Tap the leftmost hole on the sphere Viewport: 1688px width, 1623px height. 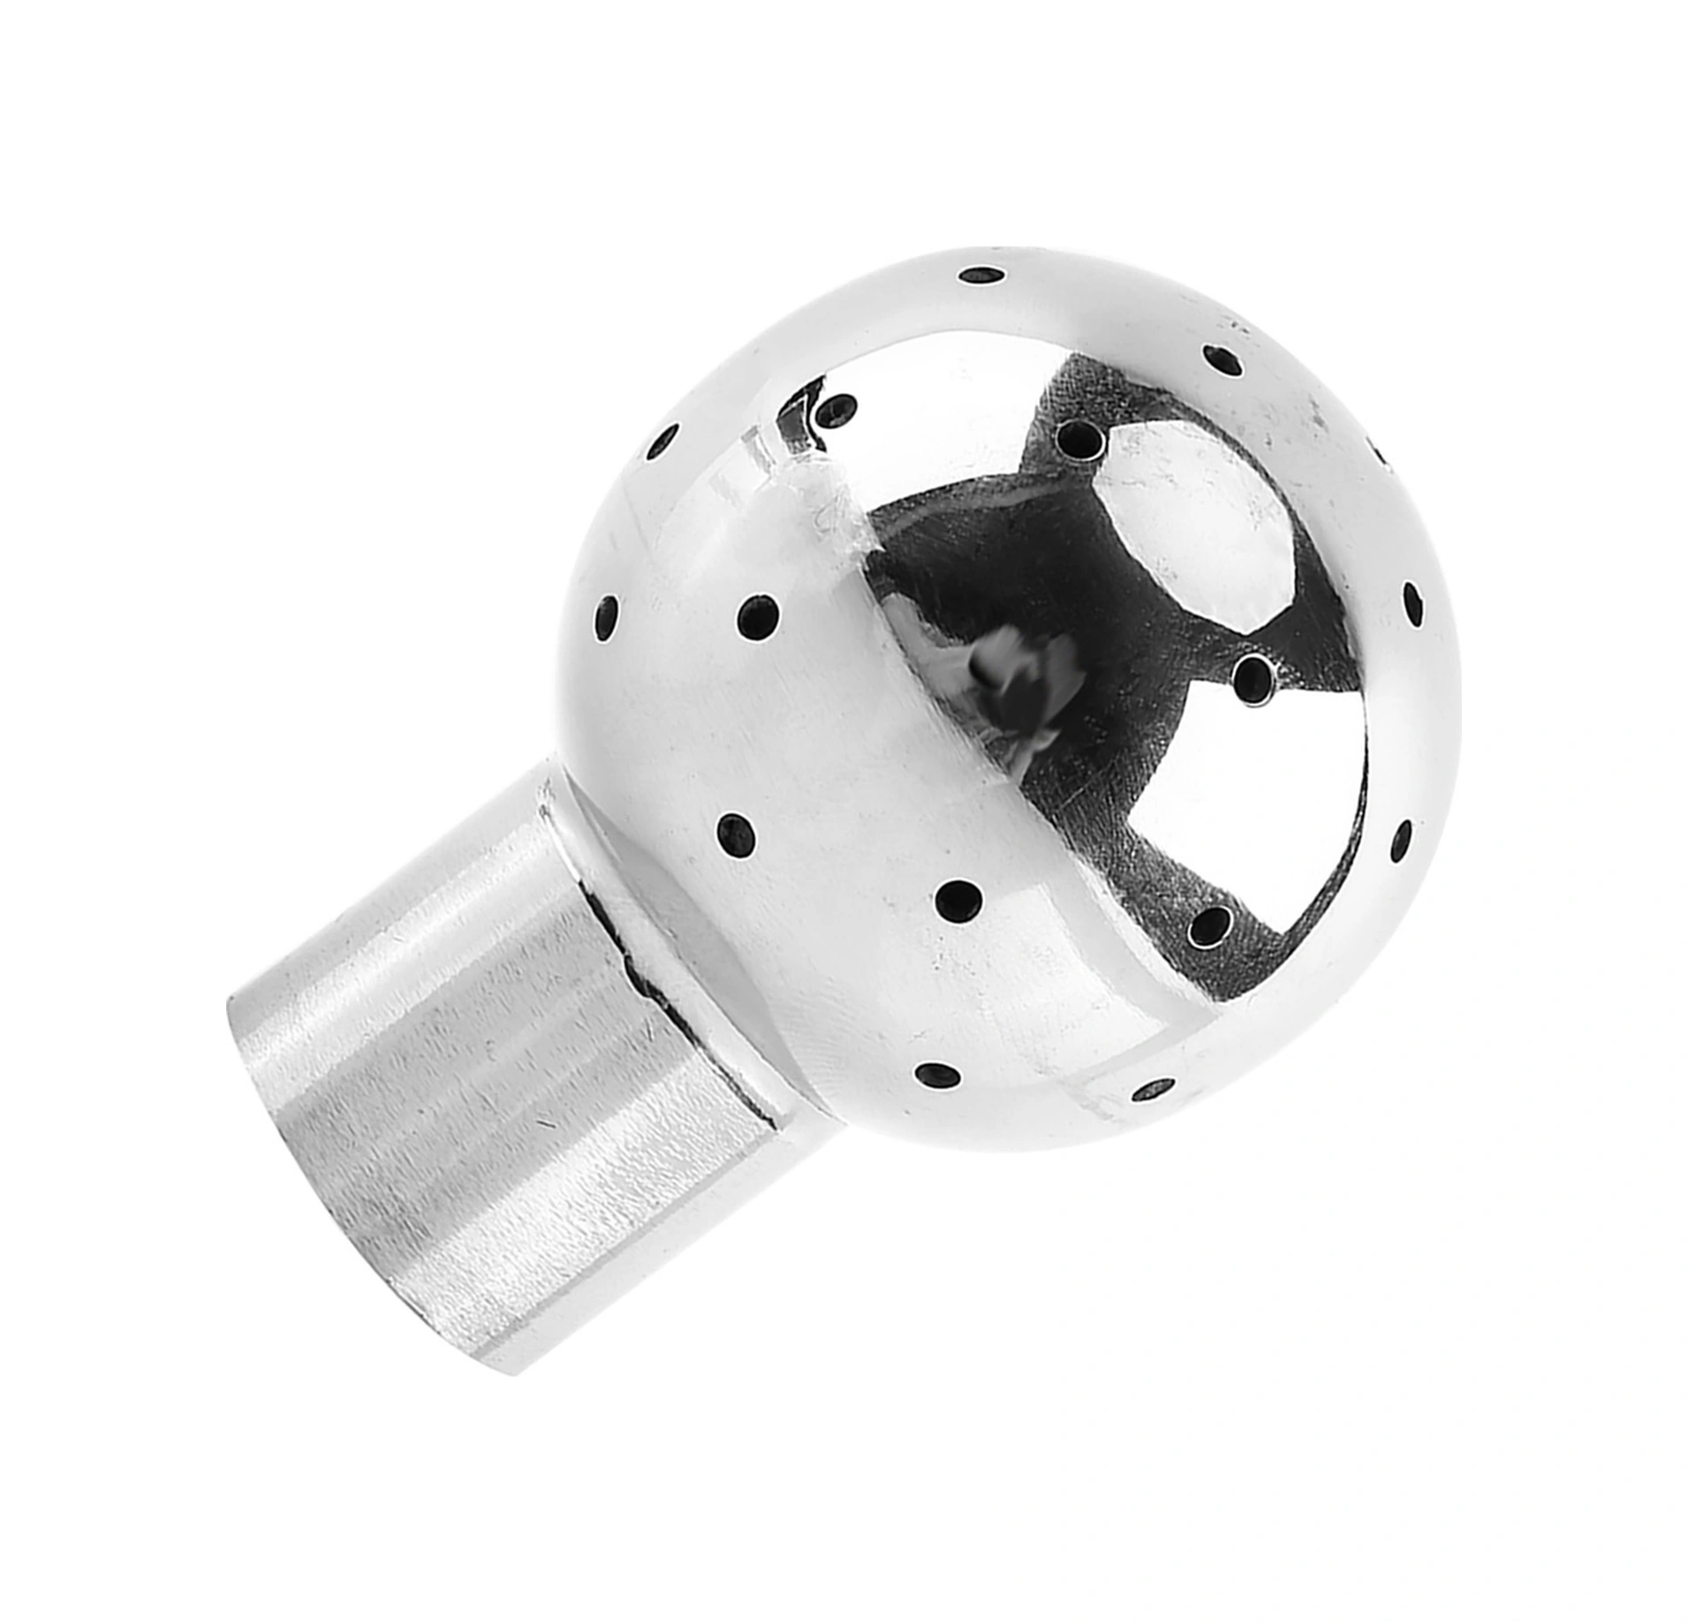[606, 617]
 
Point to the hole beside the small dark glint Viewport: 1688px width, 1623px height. [836, 408]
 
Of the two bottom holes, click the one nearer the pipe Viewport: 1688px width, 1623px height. [937, 1075]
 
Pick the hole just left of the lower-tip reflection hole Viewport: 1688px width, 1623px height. [958, 900]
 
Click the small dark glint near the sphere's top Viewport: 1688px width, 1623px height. [804, 415]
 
